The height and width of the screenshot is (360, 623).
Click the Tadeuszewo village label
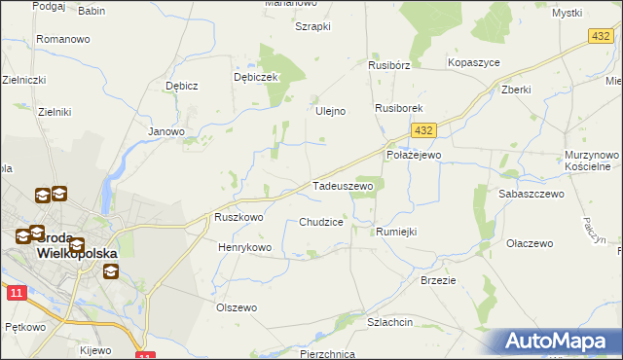(342, 186)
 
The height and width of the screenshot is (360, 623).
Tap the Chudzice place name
(321, 222)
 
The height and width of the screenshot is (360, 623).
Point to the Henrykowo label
(244, 248)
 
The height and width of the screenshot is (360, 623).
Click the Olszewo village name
(237, 307)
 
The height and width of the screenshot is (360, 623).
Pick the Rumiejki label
(396, 232)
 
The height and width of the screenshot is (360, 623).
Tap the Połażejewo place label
(415, 155)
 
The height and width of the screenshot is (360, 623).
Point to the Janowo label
(165, 131)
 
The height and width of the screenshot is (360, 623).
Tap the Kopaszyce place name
(473, 62)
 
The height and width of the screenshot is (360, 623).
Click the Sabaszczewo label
(531, 195)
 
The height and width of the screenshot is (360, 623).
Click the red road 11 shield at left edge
(15, 292)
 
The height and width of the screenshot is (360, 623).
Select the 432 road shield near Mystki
(600, 35)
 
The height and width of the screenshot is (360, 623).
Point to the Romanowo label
(63, 40)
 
